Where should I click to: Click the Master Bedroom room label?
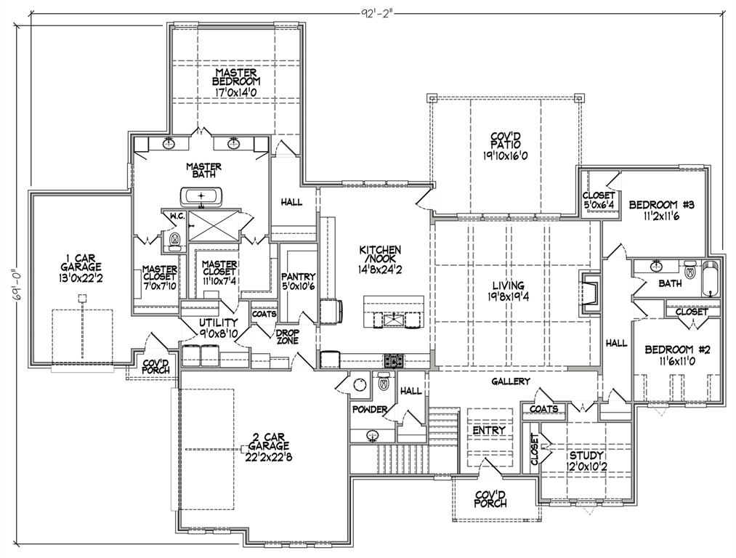point(236,82)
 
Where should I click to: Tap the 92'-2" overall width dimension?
point(379,12)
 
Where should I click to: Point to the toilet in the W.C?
point(174,239)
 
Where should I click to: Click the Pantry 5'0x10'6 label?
point(299,281)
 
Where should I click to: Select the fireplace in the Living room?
point(589,294)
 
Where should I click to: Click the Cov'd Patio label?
point(506,145)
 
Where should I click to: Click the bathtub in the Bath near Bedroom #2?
point(711,278)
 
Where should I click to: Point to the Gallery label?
point(511,381)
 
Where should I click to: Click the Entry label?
point(488,430)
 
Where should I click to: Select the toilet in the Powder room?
point(383,381)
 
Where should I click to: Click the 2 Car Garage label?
point(270,446)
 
